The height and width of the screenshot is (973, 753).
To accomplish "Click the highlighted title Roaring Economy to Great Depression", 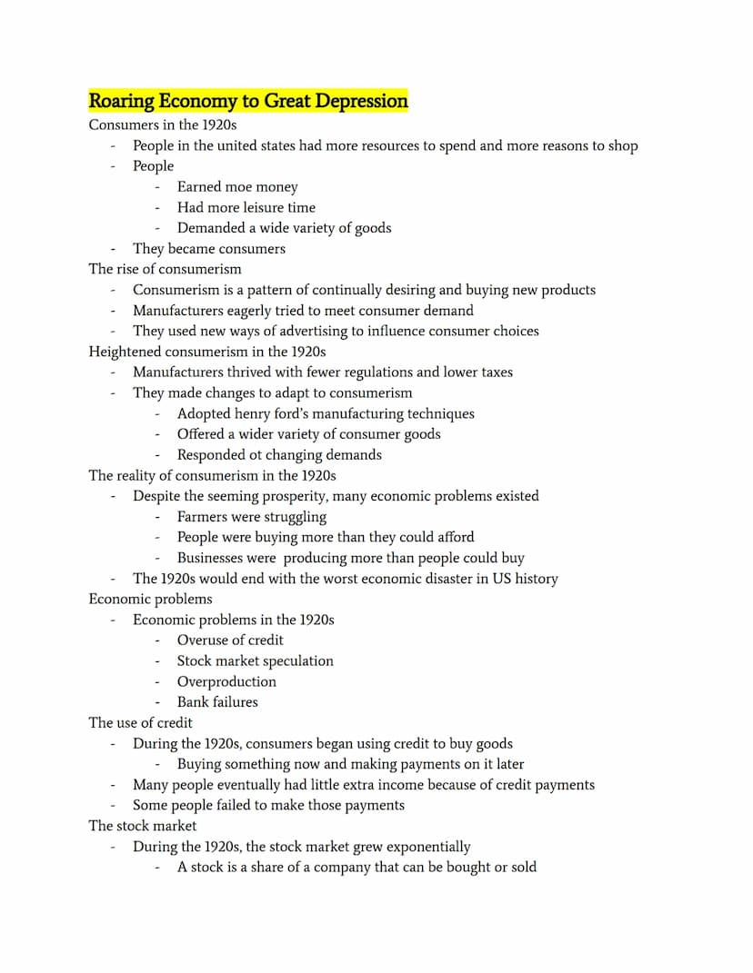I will point(248,101).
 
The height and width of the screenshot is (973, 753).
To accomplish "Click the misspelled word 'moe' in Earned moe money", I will point(238,187).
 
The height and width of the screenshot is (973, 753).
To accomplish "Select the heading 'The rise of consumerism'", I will point(165,269).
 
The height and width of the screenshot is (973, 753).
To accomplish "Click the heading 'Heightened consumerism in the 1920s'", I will point(206,352).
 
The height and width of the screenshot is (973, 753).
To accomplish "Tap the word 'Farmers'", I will point(205,517).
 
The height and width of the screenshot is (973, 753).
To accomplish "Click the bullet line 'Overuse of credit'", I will point(230,640).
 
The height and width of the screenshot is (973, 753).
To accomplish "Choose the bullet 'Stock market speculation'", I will point(255,660).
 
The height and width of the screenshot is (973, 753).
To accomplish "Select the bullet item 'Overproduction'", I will point(226,681).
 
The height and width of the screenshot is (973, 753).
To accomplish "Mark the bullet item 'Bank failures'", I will point(217,701).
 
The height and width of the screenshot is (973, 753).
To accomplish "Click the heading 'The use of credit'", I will point(140,722).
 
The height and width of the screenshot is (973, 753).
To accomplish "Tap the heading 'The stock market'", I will point(142,826).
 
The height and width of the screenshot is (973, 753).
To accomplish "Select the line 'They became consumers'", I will point(208,249).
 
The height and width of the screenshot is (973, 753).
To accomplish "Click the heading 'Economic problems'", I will point(150,599).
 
